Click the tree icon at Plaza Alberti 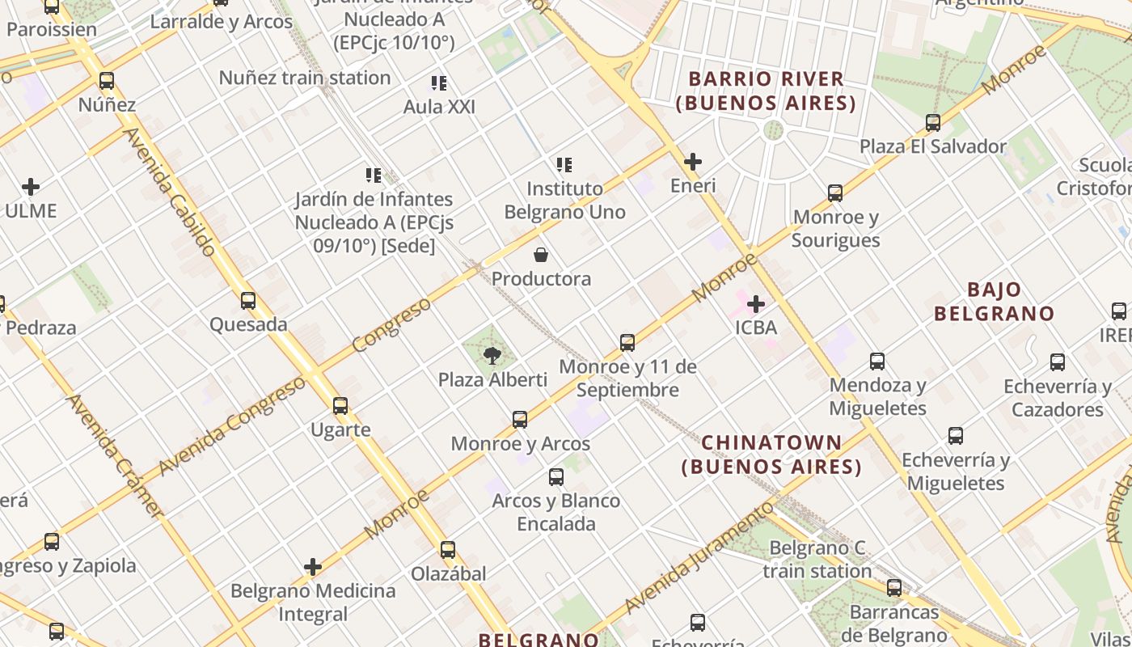click(492, 355)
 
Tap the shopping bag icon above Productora click(541, 255)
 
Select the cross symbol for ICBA click(756, 304)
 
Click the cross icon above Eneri click(693, 162)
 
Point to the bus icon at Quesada click(248, 301)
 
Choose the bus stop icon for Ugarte click(340, 406)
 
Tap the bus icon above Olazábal click(448, 550)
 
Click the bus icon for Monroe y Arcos click(520, 420)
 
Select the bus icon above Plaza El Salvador click(933, 123)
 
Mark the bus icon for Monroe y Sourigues click(835, 193)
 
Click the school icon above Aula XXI click(439, 82)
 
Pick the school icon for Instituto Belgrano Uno click(564, 165)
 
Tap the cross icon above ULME click(31, 187)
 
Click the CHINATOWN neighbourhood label click(771, 455)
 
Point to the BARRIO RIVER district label click(766, 91)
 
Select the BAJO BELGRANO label click(994, 302)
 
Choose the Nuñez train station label click(305, 78)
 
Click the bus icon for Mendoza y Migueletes click(877, 362)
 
